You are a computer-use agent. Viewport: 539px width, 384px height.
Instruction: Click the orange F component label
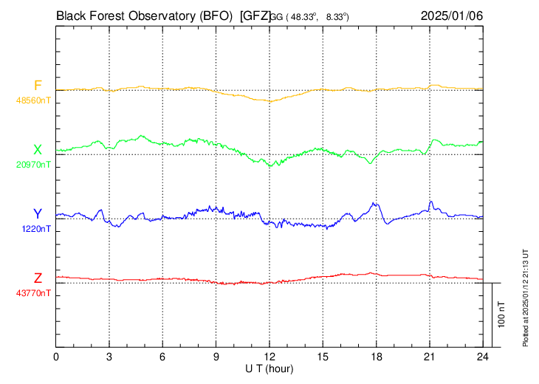point(38,86)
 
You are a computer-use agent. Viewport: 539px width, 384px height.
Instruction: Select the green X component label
point(38,151)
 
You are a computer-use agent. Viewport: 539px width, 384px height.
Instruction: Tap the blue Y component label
point(38,214)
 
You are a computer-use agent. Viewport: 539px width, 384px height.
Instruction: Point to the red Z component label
point(38,278)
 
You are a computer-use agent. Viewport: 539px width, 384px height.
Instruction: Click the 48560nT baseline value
point(35,100)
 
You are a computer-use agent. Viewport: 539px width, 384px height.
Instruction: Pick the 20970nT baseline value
point(35,165)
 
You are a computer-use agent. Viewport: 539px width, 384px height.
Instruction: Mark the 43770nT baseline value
point(35,292)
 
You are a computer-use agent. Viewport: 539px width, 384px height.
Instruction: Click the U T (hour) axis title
point(269,368)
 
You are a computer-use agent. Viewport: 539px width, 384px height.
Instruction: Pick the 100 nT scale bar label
point(501,315)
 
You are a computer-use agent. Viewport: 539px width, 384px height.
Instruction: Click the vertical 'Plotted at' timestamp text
point(526,296)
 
